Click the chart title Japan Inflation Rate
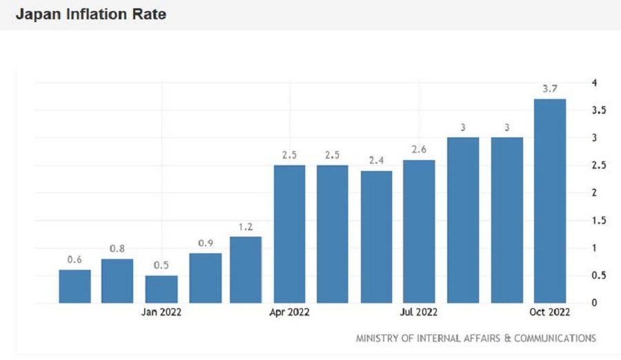90,14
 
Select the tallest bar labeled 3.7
550,201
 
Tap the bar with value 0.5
161,289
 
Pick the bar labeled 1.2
246,270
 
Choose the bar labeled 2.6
420,231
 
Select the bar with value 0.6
75,286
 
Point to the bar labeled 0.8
117,281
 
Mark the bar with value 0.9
205,278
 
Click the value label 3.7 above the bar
550,88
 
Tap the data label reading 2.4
377,159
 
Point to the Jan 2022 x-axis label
161,312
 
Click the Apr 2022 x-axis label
290,312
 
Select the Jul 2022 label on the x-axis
419,312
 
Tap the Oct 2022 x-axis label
550,312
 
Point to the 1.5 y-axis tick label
598,220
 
